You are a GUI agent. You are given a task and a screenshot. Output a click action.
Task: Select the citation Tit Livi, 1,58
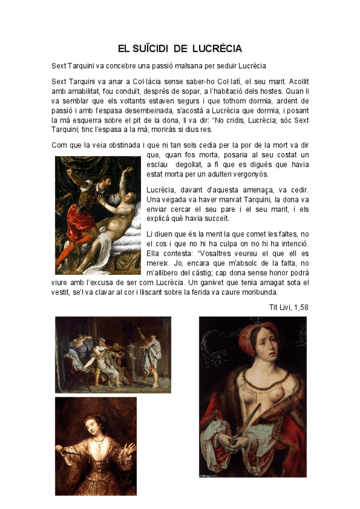(x=289, y=307)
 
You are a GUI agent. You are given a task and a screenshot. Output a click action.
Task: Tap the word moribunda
(x=257, y=292)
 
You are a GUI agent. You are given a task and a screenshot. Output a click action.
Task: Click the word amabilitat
(x=88, y=91)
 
